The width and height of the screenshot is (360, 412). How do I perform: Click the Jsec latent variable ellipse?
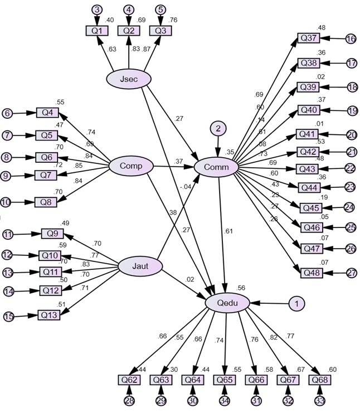click(x=129, y=79)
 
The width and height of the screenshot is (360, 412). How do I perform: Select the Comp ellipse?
click(x=130, y=166)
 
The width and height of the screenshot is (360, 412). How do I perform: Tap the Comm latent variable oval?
click(x=217, y=167)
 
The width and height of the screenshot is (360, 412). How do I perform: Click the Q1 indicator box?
click(x=97, y=31)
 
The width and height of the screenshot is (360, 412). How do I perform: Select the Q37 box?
click(x=309, y=38)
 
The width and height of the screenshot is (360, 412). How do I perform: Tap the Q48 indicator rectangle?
click(x=312, y=273)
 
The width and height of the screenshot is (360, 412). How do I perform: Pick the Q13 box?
click(x=49, y=315)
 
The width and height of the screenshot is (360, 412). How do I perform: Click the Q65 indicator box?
click(x=225, y=380)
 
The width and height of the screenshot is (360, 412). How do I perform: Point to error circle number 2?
click(x=218, y=129)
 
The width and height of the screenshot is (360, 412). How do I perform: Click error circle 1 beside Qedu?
click(x=297, y=304)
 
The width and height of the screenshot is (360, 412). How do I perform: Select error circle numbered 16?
click(x=351, y=39)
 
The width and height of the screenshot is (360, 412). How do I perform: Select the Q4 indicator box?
click(x=47, y=113)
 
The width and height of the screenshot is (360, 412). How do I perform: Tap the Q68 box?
click(x=320, y=380)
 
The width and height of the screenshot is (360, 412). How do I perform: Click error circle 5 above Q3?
click(x=160, y=9)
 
